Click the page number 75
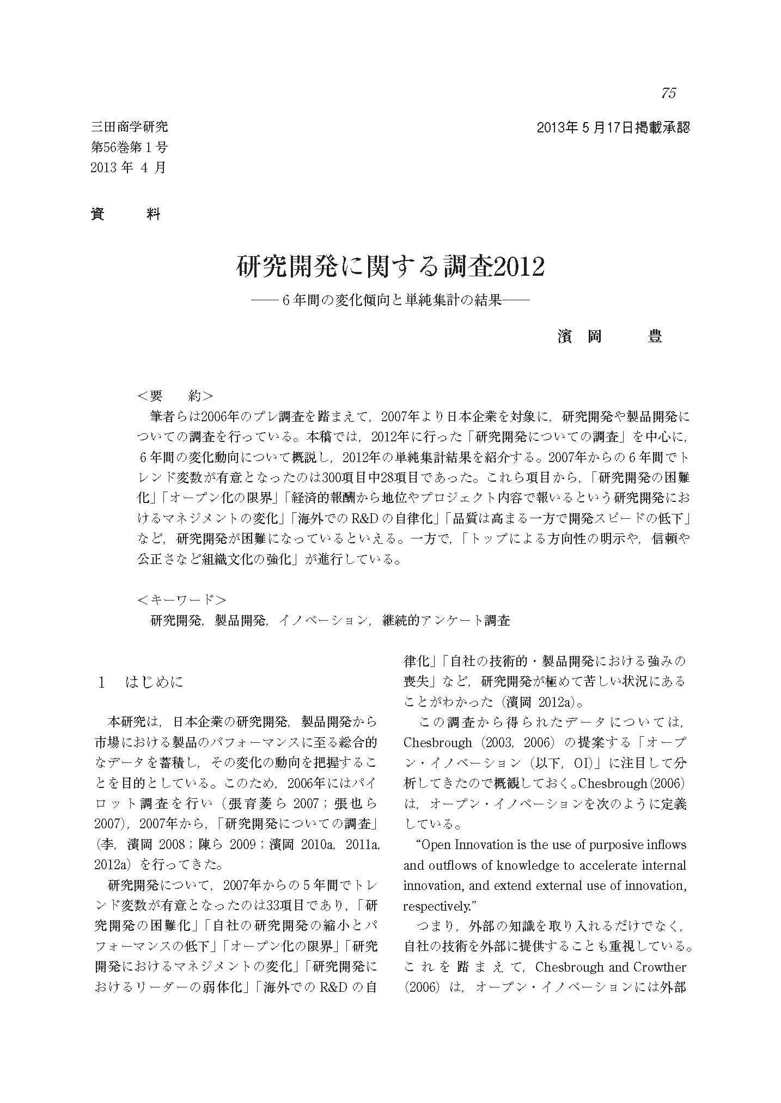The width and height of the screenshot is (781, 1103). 668,93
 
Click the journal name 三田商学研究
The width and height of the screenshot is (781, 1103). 129,128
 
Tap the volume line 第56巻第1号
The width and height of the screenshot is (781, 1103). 129,147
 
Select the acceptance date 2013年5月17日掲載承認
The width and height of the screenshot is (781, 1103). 613,128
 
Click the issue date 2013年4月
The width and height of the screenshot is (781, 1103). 128,167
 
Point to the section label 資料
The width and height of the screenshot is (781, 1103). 126,214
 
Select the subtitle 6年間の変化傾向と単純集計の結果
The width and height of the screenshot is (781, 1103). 389,300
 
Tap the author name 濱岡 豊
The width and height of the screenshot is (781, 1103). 609,336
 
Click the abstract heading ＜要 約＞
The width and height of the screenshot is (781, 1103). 175,396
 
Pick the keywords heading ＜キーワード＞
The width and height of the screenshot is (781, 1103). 182,600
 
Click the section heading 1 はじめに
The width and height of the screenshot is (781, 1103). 141,682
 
